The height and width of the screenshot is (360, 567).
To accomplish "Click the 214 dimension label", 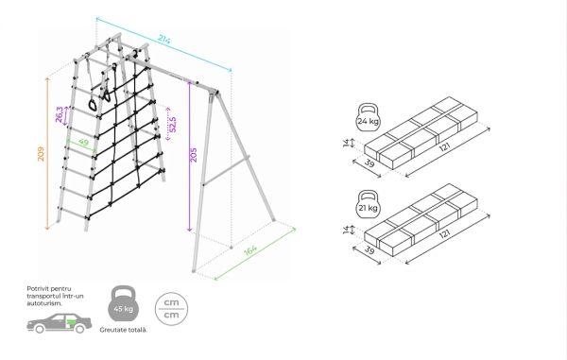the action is [x=163, y=40].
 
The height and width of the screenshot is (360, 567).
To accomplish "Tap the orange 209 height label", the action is [x=41, y=154].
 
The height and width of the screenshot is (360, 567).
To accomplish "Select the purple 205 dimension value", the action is [x=194, y=155].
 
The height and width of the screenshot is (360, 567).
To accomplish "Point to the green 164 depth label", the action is [x=250, y=250].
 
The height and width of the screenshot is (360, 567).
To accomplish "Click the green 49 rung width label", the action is [x=83, y=143].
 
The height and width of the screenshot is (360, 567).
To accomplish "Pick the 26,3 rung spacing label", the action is [x=60, y=114].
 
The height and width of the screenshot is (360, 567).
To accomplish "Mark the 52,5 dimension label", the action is [x=173, y=125].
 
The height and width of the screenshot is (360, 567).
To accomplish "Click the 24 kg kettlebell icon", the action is [x=369, y=117].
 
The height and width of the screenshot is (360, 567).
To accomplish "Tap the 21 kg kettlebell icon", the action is [x=369, y=204].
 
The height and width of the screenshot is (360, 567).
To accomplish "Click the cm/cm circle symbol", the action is [x=171, y=309].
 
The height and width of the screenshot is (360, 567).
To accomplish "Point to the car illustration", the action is [x=60, y=323].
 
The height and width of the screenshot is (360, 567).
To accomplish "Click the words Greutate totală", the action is [x=124, y=330].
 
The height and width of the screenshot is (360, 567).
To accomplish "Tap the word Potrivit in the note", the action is [x=37, y=289].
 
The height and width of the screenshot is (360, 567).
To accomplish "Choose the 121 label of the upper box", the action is [x=445, y=147].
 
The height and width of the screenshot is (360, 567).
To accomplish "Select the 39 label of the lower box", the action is [x=369, y=249].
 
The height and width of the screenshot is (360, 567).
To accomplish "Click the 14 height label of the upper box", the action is [x=347, y=143].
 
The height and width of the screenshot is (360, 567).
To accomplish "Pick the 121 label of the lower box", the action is [x=445, y=234].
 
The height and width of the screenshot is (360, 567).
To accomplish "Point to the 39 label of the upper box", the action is [x=369, y=163].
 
